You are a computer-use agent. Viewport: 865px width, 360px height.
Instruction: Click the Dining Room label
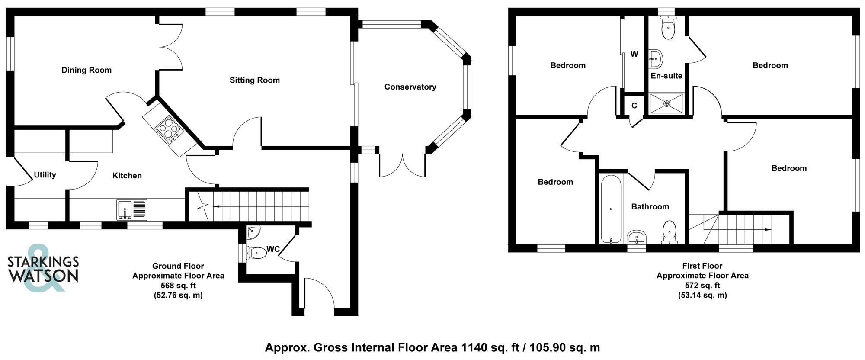click(x=86, y=70)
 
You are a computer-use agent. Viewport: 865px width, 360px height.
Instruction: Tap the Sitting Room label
click(x=254, y=80)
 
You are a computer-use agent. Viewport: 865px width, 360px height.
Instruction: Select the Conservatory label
click(x=410, y=87)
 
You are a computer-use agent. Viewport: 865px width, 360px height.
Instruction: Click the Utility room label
click(x=45, y=175)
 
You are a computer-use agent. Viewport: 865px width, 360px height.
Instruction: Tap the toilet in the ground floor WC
click(x=256, y=253)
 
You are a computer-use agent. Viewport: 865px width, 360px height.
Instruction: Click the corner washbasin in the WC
click(x=252, y=233)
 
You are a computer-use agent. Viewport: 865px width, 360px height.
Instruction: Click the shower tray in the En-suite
click(x=666, y=103)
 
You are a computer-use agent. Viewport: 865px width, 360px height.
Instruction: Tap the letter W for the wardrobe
click(x=634, y=54)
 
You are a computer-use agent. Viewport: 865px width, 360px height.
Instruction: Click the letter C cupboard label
click(x=634, y=106)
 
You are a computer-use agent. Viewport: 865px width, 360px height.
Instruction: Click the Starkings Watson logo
click(x=43, y=268)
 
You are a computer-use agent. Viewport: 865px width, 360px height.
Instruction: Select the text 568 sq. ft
click(x=178, y=286)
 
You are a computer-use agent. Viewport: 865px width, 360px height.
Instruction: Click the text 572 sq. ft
click(x=702, y=286)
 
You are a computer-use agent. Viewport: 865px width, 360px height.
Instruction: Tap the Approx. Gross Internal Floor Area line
click(x=432, y=347)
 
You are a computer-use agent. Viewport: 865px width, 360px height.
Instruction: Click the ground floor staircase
click(x=255, y=206)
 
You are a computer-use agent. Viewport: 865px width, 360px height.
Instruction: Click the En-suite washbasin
click(x=656, y=59)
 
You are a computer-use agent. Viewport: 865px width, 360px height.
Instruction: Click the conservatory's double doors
click(x=402, y=167)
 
